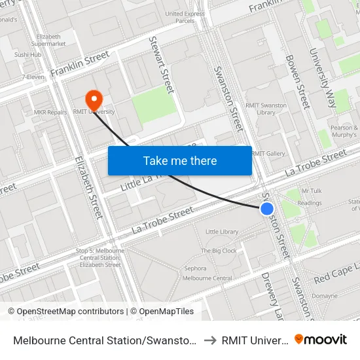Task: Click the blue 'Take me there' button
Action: coord(180,160)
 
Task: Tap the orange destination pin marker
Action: coord(94,99)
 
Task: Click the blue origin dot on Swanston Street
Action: coord(267,209)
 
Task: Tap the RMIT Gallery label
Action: coord(268,153)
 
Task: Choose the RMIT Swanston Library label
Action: coord(266,109)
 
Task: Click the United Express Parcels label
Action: coord(185,16)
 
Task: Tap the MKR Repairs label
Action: coord(50,112)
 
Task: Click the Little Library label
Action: coord(222,232)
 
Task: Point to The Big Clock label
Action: coord(219,251)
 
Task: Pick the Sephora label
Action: coord(195,268)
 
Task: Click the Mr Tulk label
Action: coord(311,191)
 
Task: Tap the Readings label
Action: coord(309,203)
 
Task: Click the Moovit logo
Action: coord(320,339)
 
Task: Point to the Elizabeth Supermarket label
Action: coord(51,40)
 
